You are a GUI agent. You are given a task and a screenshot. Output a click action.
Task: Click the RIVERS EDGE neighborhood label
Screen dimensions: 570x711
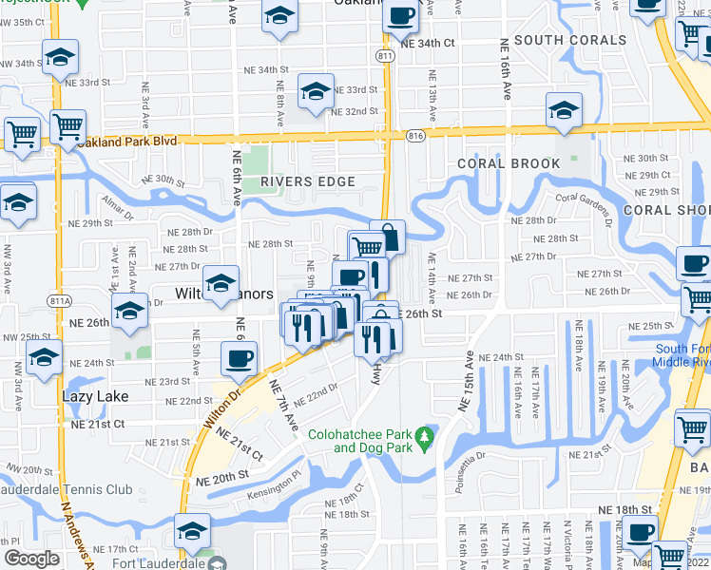click(295, 181)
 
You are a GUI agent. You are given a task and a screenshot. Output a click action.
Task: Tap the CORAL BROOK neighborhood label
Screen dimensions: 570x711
click(509, 163)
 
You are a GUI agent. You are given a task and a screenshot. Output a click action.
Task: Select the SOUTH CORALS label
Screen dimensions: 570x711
click(570, 41)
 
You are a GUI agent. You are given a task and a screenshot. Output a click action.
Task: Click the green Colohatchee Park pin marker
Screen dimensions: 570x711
click(427, 439)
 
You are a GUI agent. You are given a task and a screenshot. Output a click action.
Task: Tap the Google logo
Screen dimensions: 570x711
click(31, 559)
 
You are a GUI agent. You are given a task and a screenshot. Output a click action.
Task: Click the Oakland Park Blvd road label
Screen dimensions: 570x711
click(128, 142)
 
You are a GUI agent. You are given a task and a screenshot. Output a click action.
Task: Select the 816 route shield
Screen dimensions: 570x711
click(415, 137)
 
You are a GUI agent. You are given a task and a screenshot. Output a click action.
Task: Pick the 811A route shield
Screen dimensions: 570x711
click(60, 301)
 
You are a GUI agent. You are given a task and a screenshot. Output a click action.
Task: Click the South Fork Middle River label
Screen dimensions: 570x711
click(682, 355)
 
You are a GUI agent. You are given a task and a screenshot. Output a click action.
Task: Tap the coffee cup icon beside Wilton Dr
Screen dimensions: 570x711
click(239, 359)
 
